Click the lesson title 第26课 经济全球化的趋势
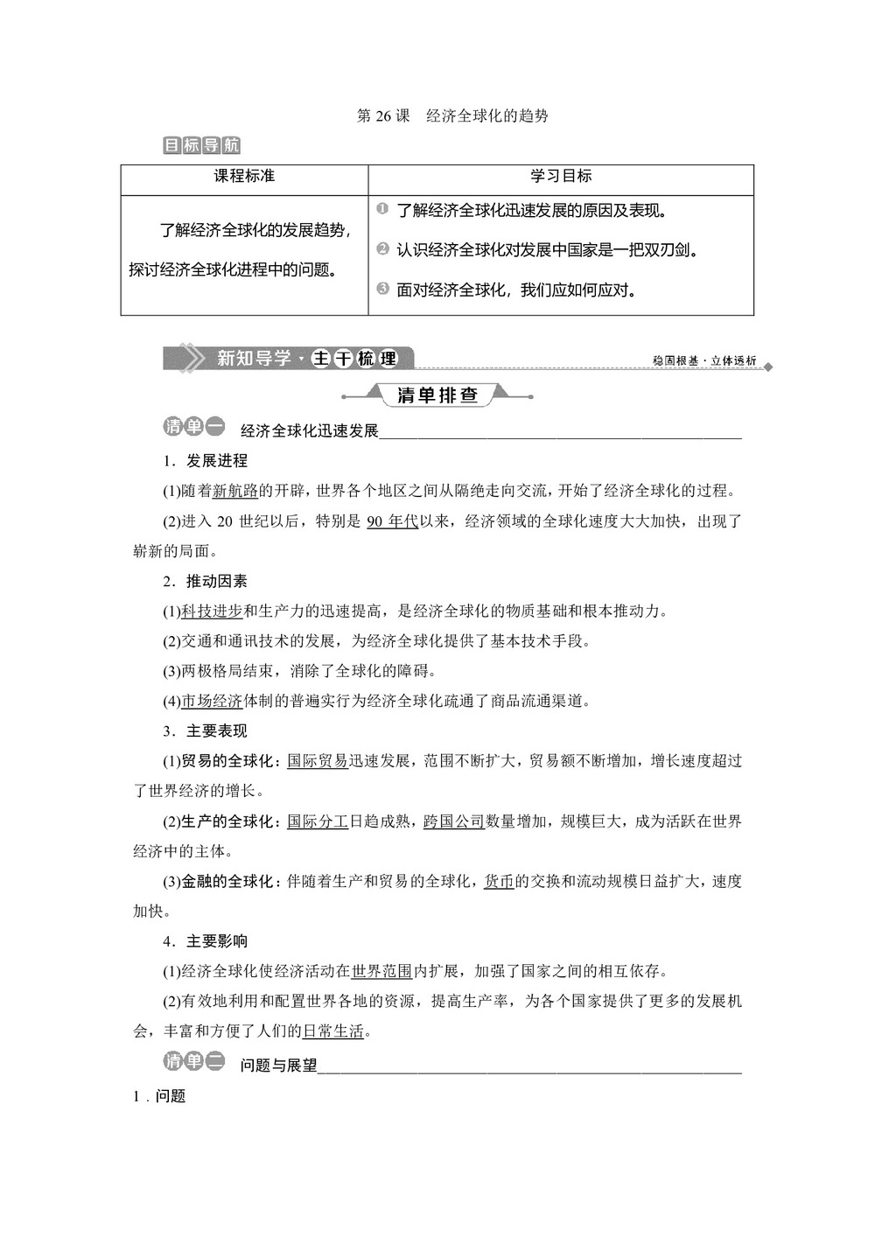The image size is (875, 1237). [x=452, y=115]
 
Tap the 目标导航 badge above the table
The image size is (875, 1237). [x=200, y=145]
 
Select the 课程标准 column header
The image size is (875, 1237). [x=244, y=176]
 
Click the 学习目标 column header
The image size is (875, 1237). [x=561, y=176]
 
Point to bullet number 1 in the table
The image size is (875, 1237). [x=382, y=209]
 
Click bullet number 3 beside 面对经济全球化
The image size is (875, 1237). [x=382, y=288]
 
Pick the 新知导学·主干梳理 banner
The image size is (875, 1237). [x=288, y=358]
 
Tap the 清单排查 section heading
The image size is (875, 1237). [x=437, y=395]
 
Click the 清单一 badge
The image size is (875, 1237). [x=193, y=427]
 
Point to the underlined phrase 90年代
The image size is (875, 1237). [x=392, y=521]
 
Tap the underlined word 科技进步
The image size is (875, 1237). [x=212, y=612]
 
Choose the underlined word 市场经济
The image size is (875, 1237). [x=212, y=702]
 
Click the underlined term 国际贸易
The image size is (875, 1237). [x=318, y=761]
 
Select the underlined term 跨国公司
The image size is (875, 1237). [x=453, y=821]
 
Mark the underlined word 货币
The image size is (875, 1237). [x=499, y=882]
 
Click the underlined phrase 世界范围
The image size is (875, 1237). [x=381, y=972]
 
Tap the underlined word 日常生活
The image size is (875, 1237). [x=332, y=1031]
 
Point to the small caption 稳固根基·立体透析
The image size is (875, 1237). [x=703, y=360]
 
